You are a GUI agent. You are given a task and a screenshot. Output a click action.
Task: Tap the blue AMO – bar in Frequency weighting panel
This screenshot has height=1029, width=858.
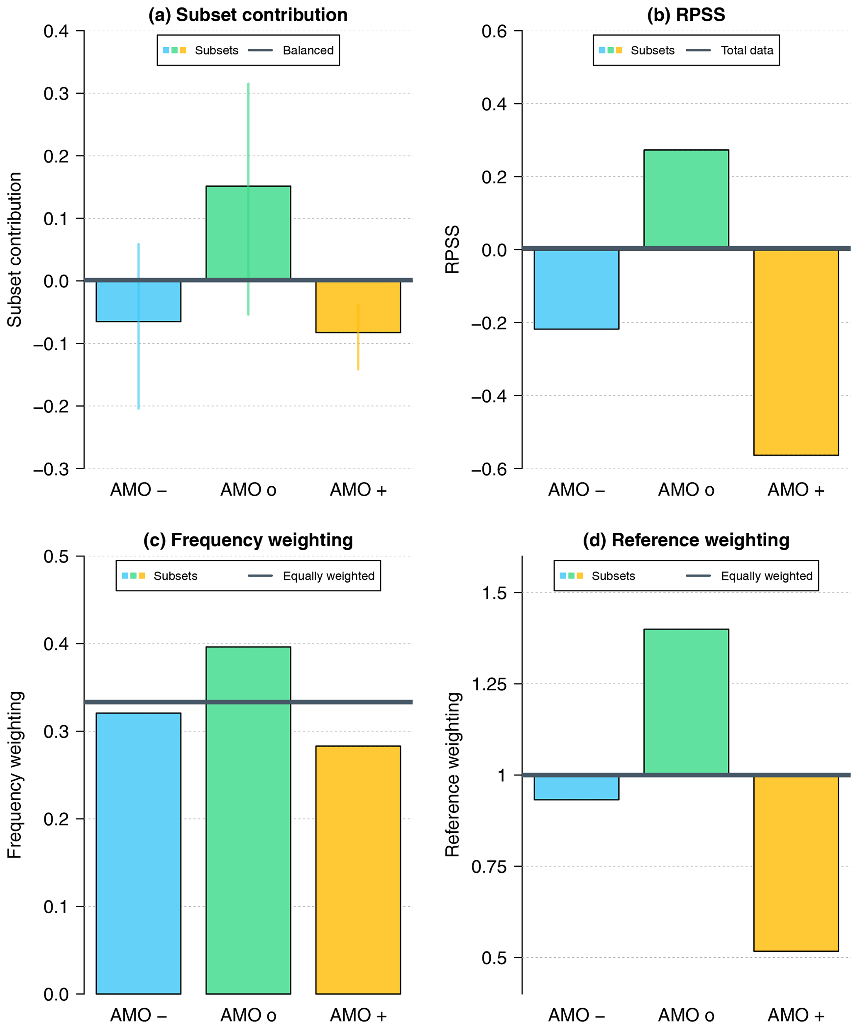click(x=138, y=853)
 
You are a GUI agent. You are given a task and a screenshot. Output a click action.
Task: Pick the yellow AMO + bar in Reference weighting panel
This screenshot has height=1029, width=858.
click(x=796, y=862)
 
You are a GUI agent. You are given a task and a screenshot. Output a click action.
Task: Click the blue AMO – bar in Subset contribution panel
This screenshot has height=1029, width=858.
click(x=117, y=301)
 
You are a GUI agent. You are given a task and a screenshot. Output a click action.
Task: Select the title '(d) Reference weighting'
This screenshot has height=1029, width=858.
click(x=686, y=540)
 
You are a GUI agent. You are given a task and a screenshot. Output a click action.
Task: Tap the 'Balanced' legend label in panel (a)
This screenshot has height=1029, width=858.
click(x=308, y=51)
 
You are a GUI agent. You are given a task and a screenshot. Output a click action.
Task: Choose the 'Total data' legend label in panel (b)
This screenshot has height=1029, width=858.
click(x=747, y=51)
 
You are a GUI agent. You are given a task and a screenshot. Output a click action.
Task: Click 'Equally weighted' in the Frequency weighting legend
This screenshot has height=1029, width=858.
click(x=328, y=576)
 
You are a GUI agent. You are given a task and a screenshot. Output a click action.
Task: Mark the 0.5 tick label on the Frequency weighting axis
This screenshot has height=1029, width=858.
click(x=56, y=557)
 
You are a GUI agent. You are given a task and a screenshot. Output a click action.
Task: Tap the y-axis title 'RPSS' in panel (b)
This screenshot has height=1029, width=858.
click(x=452, y=249)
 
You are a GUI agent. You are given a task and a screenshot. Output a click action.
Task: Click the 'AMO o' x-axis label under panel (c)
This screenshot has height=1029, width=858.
click(x=248, y=1015)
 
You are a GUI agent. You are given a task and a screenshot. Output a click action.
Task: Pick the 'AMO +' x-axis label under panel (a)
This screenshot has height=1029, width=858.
click(x=358, y=490)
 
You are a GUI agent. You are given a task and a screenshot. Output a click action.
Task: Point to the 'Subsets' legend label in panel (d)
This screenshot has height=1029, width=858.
click(x=613, y=576)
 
